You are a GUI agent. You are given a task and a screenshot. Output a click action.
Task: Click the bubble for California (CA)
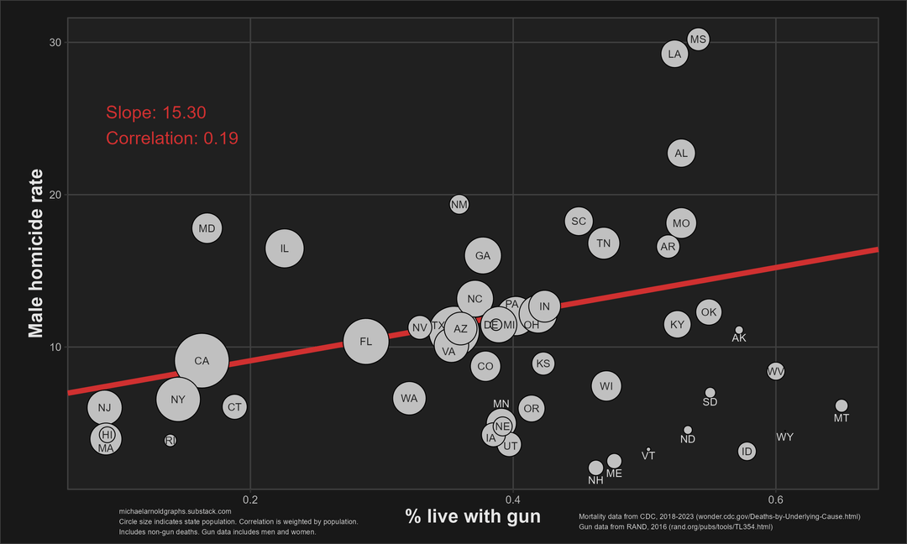tap(202, 361)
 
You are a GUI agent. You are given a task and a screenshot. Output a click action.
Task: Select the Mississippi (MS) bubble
tap(698, 39)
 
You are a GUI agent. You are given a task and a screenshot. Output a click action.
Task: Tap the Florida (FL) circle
tap(365, 341)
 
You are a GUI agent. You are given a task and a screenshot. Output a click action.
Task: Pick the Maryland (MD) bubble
tap(207, 228)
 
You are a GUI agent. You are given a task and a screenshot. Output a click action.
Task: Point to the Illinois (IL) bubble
tap(285, 248)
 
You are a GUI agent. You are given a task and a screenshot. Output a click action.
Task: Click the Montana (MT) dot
tap(841, 406)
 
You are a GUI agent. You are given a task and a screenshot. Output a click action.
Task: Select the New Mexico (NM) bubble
tap(459, 204)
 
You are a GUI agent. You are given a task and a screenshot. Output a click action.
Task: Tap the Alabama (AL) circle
tap(681, 153)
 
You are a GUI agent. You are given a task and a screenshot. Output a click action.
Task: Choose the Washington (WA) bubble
tap(409, 398)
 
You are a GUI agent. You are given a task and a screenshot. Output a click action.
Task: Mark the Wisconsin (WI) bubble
tap(606, 386)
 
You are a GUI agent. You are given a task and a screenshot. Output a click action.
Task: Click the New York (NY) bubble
tap(178, 400)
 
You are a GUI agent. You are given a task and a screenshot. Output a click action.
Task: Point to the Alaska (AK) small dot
tap(739, 330)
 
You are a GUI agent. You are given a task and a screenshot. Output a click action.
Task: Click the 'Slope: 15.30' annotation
tap(156, 113)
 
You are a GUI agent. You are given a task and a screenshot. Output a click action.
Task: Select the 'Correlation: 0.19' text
tap(172, 139)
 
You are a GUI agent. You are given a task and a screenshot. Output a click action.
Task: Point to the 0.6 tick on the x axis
tap(776, 500)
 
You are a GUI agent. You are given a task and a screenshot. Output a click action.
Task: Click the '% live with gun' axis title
tap(473, 516)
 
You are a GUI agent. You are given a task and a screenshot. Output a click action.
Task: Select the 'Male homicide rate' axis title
tap(36, 253)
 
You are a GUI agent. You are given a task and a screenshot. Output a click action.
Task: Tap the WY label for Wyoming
tap(785, 437)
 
